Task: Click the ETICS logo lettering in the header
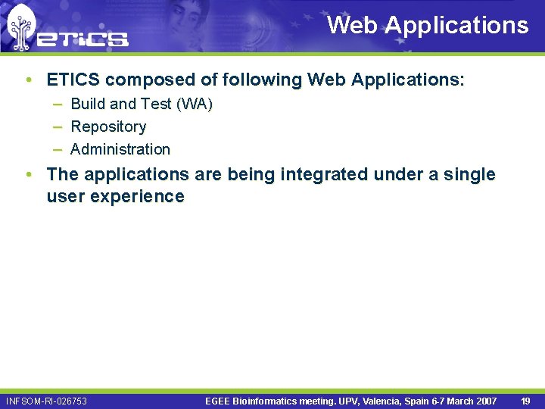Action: [83, 37]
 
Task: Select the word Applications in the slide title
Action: [456, 25]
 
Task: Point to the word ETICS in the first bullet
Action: [75, 80]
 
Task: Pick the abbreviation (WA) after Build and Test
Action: [194, 104]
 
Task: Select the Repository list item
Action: [108, 126]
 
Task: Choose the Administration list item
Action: [120, 149]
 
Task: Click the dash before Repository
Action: [58, 126]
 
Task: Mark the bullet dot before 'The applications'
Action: [28, 174]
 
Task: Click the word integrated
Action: [325, 174]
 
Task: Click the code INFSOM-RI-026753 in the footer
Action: [46, 401]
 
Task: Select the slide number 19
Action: [525, 401]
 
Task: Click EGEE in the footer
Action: [219, 401]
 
